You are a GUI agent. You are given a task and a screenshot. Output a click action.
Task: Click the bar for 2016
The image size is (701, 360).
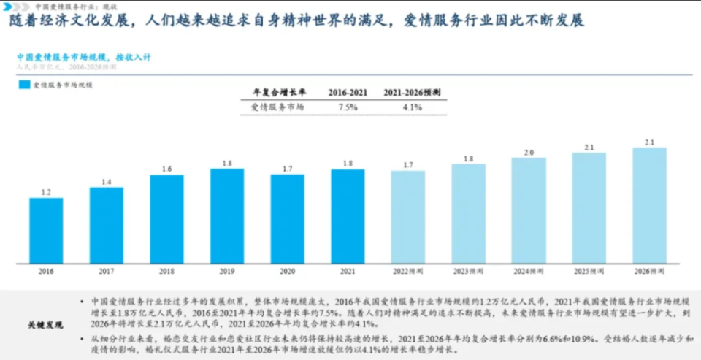tap(46, 231)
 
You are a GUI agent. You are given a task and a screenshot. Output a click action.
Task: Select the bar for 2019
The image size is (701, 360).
tap(227, 216)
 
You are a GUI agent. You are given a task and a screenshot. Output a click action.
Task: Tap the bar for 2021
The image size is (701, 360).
tap(348, 216)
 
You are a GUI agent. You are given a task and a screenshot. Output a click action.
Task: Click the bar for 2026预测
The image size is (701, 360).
tap(649, 205)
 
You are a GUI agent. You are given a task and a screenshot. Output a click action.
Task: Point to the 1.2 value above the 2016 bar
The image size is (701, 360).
tap(46, 192)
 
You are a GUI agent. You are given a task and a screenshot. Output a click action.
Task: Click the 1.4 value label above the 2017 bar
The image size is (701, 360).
tap(107, 182)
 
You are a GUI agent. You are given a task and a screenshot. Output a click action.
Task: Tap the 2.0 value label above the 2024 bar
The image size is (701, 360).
tap(529, 152)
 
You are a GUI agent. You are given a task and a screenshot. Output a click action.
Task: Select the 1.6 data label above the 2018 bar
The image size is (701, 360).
tap(166, 169)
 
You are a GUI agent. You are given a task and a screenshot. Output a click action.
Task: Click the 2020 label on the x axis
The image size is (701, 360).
tap(287, 272)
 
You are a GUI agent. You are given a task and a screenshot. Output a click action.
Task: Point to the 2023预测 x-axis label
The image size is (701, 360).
tap(468, 272)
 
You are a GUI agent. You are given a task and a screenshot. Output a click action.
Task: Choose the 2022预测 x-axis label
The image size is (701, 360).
tap(407, 272)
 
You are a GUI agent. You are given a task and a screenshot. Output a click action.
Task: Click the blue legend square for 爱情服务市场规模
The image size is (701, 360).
tap(24, 85)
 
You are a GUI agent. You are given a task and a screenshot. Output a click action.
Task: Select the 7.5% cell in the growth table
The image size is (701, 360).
tap(348, 107)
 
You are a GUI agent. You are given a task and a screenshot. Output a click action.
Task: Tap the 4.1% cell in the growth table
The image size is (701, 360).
tap(413, 107)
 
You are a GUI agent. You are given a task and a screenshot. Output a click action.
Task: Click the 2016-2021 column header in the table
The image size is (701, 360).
tap(348, 93)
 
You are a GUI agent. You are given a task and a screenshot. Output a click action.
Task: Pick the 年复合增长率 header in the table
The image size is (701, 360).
tap(279, 93)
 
